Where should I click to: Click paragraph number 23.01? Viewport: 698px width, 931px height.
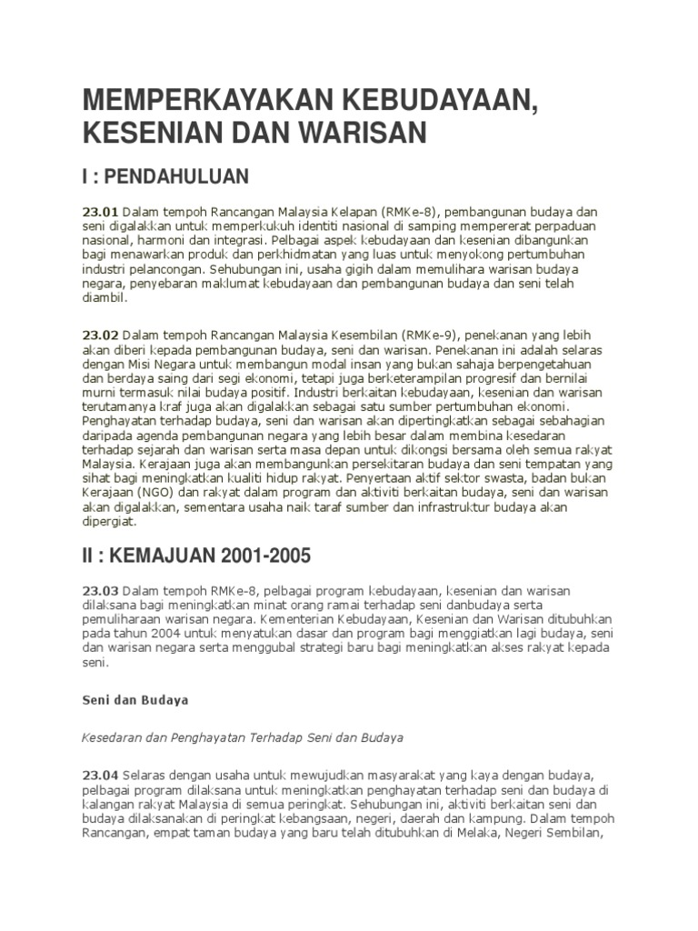(x=100, y=212)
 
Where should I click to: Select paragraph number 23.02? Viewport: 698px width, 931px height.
(x=100, y=335)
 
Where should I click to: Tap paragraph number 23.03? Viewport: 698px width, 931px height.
(x=100, y=591)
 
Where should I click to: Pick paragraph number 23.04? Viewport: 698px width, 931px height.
(x=100, y=774)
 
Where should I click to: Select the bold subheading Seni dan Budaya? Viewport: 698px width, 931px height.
(x=123, y=700)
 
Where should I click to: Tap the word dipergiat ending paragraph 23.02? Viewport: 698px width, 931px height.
(x=108, y=523)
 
